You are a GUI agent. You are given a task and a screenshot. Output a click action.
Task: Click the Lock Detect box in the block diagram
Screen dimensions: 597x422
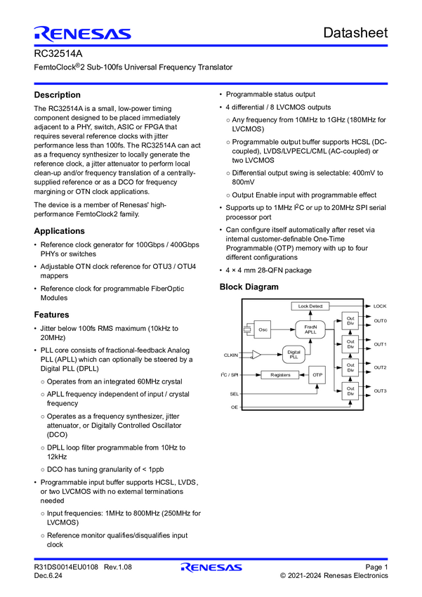(310, 306)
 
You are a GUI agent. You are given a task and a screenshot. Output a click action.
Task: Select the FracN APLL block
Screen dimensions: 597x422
(310, 329)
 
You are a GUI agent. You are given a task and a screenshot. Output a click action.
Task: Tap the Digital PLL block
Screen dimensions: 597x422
(294, 355)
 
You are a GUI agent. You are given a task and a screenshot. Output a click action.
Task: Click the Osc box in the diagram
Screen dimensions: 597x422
(263, 329)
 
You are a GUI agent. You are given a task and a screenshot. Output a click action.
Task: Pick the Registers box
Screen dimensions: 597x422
(280, 375)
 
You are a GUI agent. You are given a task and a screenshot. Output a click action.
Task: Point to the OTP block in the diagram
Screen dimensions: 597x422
(317, 375)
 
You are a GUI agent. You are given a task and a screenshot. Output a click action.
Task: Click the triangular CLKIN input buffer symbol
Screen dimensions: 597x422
(257, 355)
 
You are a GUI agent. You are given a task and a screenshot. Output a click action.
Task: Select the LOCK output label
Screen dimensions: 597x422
(380, 306)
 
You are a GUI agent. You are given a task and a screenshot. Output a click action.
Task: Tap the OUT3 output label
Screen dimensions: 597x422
(380, 391)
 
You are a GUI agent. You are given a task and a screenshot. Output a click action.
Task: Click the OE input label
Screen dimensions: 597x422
(235, 407)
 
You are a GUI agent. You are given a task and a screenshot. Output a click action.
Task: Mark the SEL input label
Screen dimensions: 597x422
(235, 394)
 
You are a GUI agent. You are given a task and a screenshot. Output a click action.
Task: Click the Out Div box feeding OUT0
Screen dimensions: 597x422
(350, 321)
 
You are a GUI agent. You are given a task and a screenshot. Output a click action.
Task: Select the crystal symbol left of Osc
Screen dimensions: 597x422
(247, 329)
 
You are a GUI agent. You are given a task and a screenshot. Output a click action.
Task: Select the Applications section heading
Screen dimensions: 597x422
(59, 231)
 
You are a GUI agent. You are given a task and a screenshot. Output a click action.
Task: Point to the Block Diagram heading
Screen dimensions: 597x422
(249, 287)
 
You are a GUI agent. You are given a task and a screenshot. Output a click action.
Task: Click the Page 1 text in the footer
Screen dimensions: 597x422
(376, 567)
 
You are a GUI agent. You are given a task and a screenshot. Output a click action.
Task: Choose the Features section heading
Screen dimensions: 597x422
(51, 315)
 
